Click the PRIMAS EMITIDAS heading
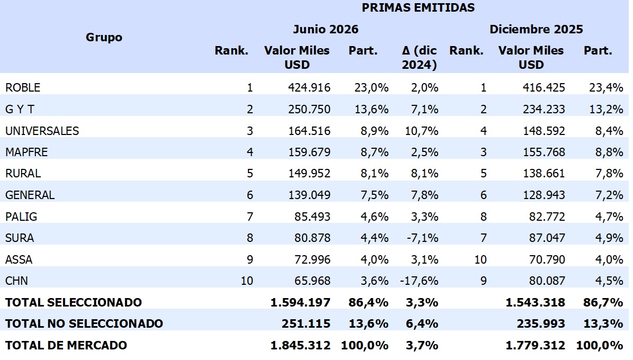(418, 7)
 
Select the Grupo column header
(104, 38)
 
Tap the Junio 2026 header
(326, 29)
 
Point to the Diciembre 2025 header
(536, 29)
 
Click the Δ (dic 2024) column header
(420, 57)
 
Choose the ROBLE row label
(23, 87)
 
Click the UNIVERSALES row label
(42, 131)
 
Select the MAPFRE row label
(26, 152)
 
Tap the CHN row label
(16, 281)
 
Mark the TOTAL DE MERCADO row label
(66, 346)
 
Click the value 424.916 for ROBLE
(309, 87)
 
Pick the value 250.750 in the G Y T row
(309, 110)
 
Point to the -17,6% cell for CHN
(420, 281)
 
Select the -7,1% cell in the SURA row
(422, 238)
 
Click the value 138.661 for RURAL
(544, 174)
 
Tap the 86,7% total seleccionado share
(603, 302)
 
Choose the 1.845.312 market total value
(300, 346)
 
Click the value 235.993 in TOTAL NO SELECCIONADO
(541, 323)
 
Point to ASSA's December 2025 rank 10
(480, 259)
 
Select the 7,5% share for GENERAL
(375, 195)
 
